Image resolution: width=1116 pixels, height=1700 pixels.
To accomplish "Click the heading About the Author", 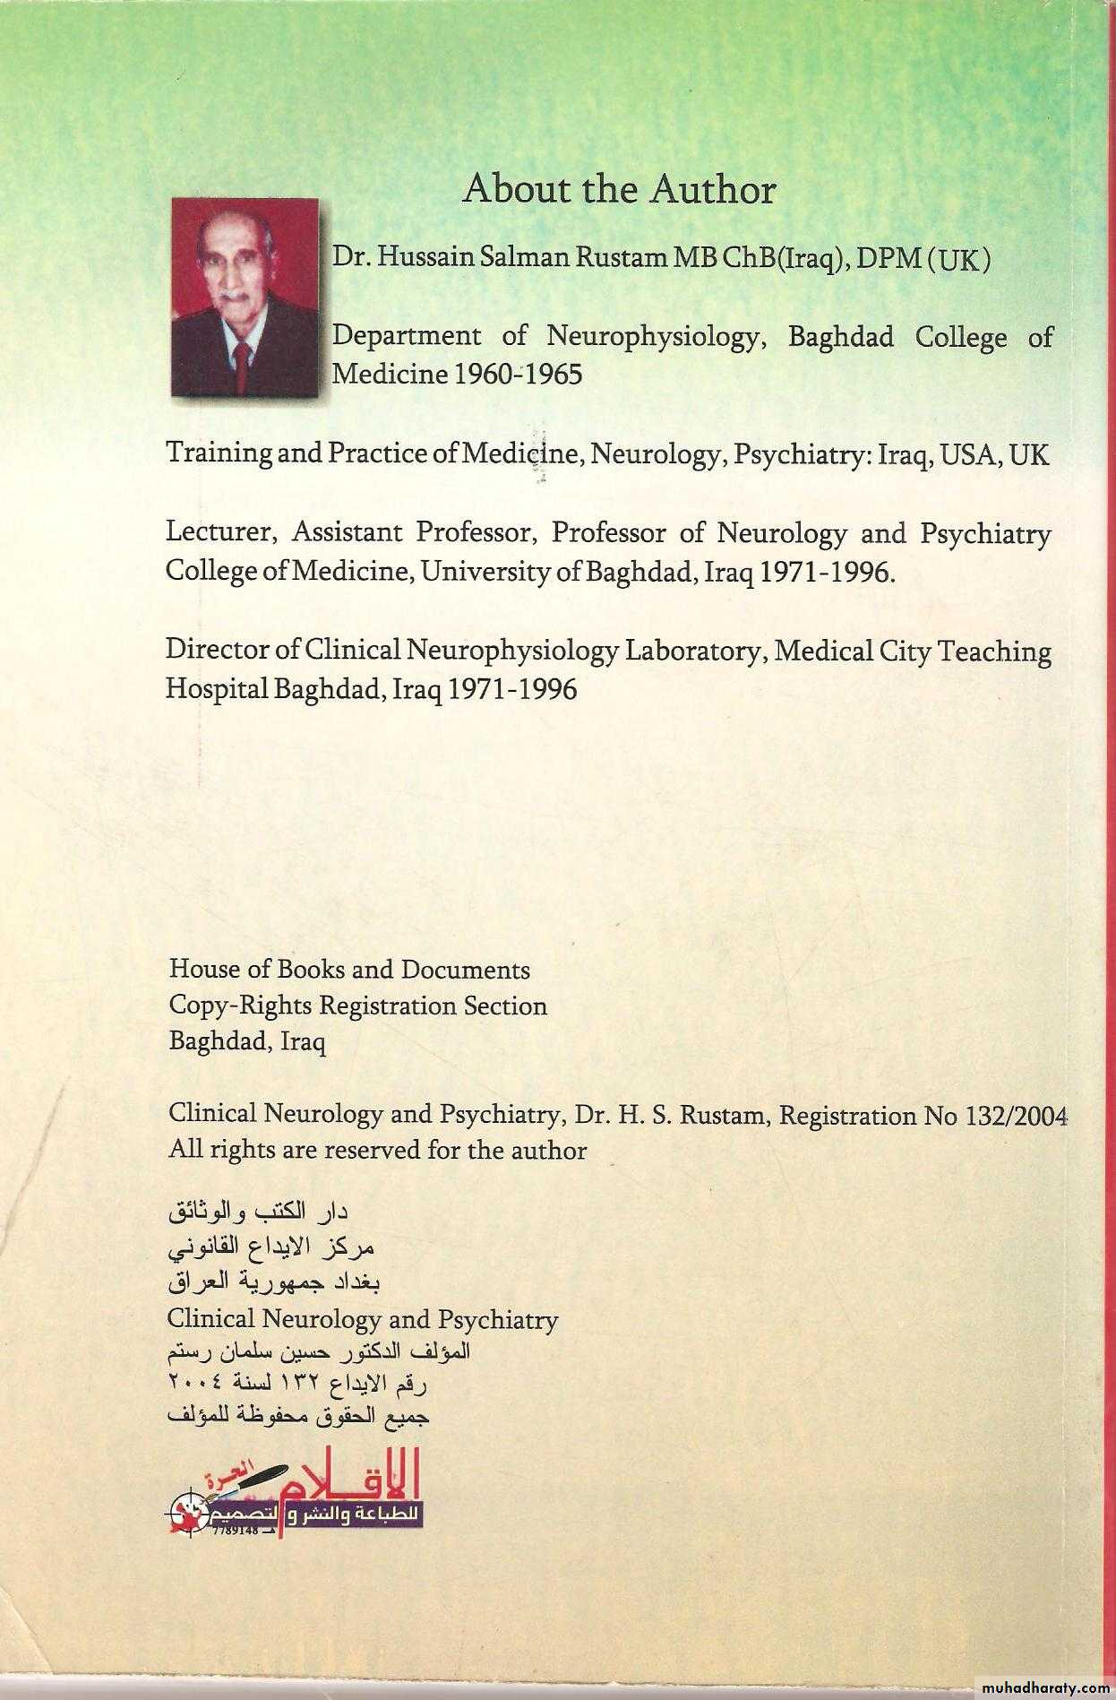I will tap(618, 190).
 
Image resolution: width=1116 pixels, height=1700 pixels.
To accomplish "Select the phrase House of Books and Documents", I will tap(349, 970).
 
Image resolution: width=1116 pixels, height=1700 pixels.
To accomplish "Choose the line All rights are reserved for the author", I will tap(377, 1151).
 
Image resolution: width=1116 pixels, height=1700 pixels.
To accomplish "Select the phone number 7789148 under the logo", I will tap(235, 1531).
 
